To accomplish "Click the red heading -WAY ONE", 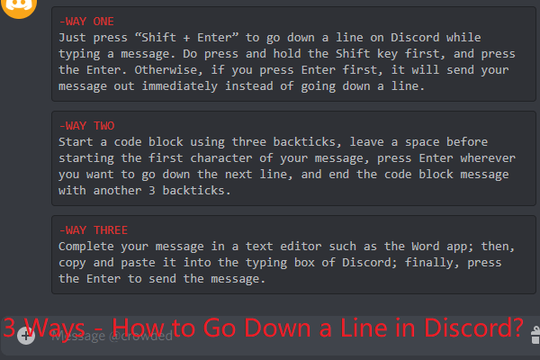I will pyautogui.click(x=88, y=21).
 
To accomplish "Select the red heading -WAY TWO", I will pyautogui.click(x=88, y=125).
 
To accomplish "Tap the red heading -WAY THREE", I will pyautogui.click(x=95, y=229).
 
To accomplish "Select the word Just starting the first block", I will pyautogui.click(x=74, y=38).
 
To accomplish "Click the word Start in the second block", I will pyautogui.click(x=77, y=141).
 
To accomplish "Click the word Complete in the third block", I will pyautogui.click(x=88, y=246).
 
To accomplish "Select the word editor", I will pyautogui.click(x=310, y=246).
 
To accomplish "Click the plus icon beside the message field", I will pyautogui.click(x=25, y=336).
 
